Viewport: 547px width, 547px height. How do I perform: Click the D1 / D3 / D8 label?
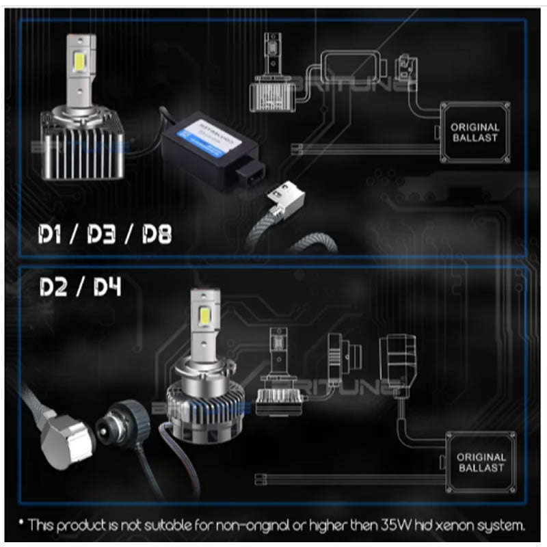[x=103, y=235]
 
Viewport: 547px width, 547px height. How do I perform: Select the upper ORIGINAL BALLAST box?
[x=475, y=132]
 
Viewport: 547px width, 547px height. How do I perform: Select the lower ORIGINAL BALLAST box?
[x=481, y=462]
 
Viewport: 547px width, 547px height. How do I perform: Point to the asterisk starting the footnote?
[x=23, y=524]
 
